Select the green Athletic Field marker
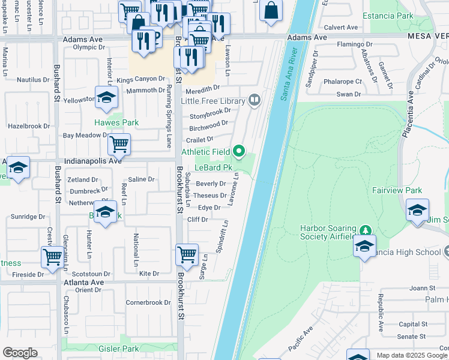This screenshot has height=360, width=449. tap(240, 151)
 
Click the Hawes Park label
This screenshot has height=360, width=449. tap(116, 122)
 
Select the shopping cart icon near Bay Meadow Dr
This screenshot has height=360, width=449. tap(119, 144)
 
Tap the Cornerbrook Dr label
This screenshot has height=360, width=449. tap(148, 302)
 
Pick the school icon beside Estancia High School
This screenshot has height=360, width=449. tap(364, 246)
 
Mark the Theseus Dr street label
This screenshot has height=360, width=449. tap(209, 196)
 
